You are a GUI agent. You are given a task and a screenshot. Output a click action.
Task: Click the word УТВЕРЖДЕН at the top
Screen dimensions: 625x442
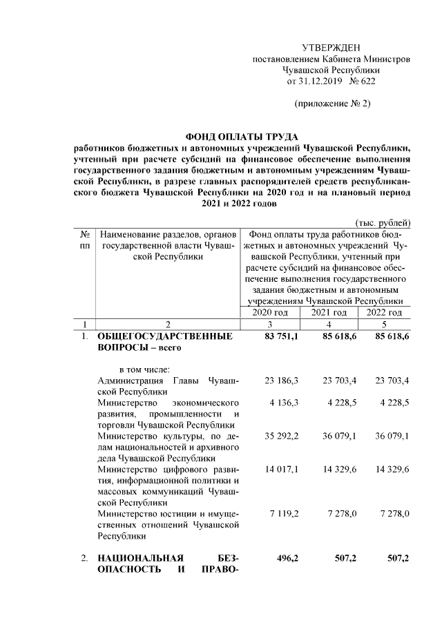point(331,47)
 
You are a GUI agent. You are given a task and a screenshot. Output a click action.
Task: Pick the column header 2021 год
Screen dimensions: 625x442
point(329,312)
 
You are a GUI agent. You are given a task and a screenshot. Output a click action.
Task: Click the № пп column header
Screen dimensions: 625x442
point(84,240)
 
